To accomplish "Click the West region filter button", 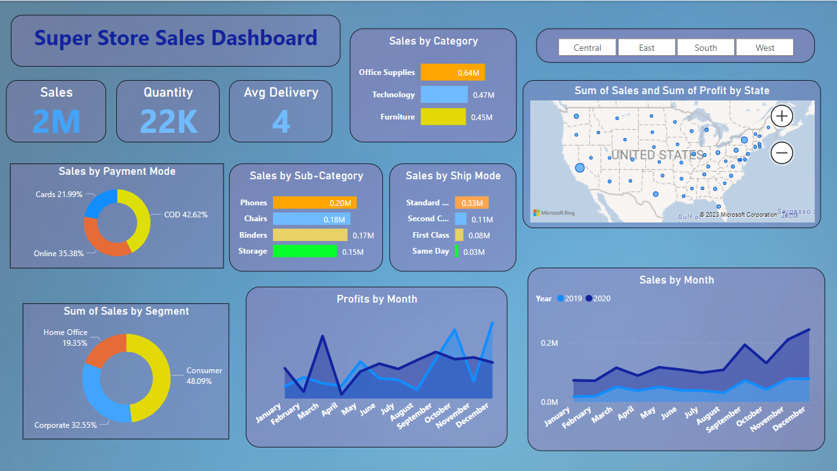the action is tap(765, 48).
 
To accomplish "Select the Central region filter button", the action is tap(587, 48).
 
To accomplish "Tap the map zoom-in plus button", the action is tap(782, 116).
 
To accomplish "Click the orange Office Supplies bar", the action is tap(452, 72).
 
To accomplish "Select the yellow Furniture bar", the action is tap(443, 117).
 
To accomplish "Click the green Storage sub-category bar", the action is tap(305, 252).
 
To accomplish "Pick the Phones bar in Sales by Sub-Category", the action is tap(314, 203).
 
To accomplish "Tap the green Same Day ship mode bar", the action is tap(457, 252).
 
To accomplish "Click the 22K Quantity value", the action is tap(168, 121).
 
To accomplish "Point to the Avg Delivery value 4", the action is tap(281, 121).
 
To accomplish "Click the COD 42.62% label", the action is tap(186, 215).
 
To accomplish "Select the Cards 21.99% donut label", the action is tap(59, 195).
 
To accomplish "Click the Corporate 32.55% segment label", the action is tap(65, 425).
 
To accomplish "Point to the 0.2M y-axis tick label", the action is tap(549, 343).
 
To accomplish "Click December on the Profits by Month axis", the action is tap(475, 415).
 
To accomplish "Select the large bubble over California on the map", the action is tap(579, 168).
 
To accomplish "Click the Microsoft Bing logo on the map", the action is tap(554, 213).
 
